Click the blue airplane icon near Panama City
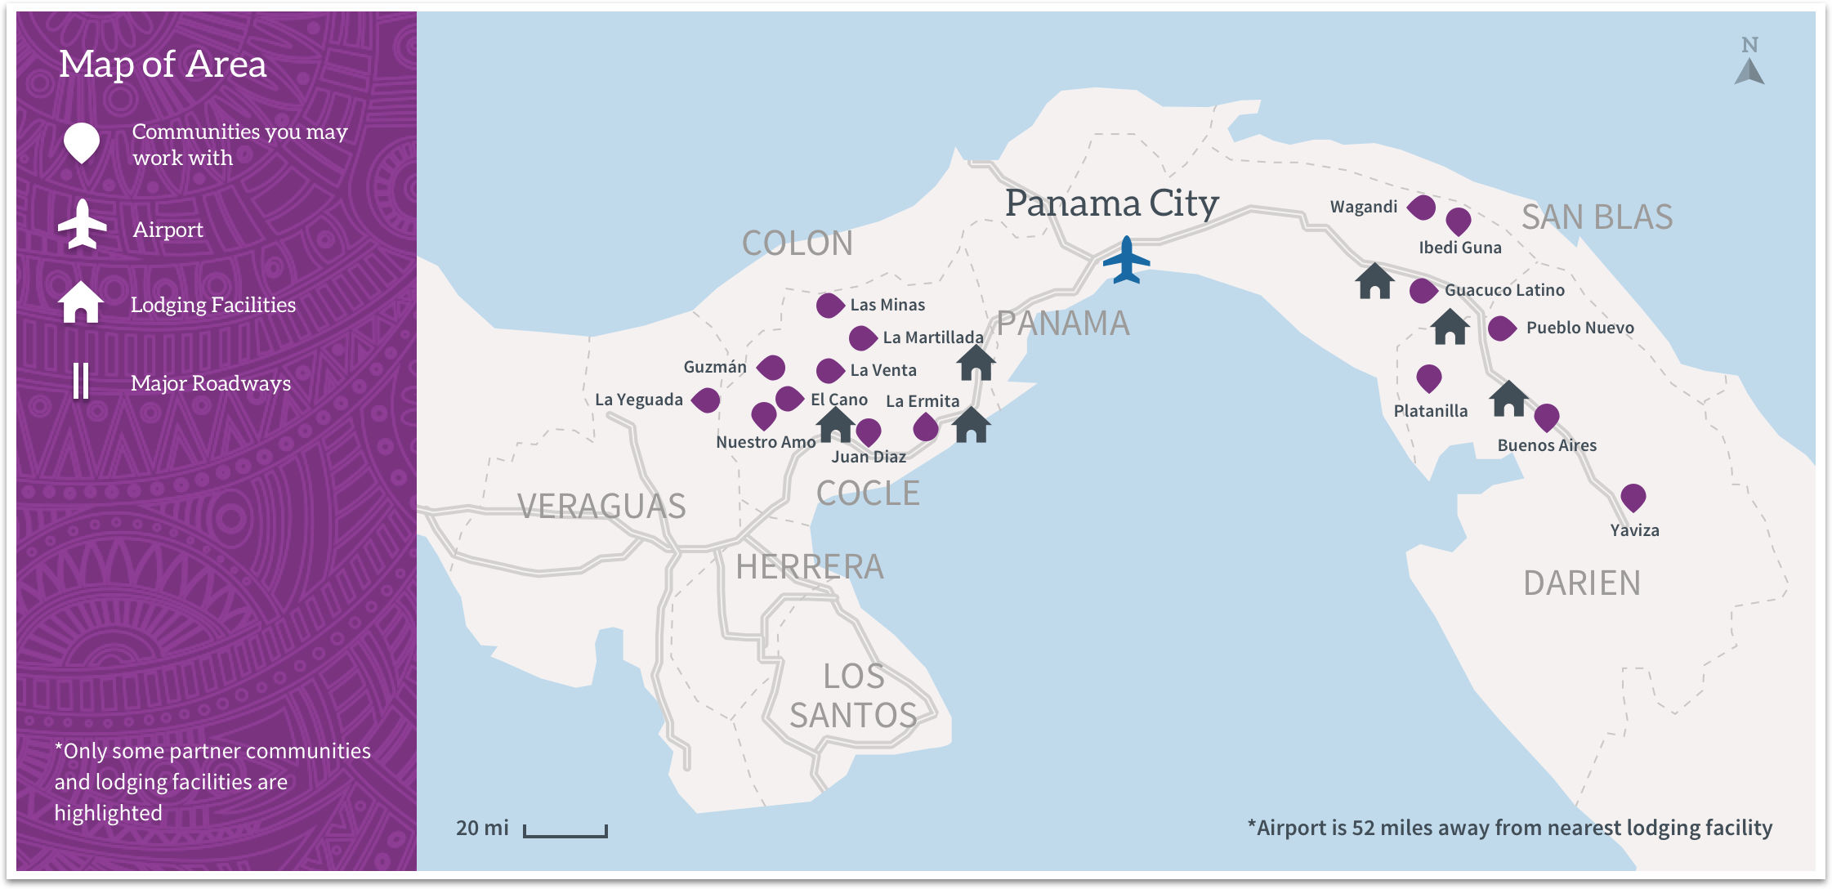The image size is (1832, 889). click(1126, 260)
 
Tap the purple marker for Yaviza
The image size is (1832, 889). click(1633, 497)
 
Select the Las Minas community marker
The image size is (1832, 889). click(829, 306)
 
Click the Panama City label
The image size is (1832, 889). click(1111, 203)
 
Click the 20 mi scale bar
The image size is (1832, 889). click(565, 831)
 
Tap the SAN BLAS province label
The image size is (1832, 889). click(1597, 217)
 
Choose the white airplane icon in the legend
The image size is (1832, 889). click(82, 224)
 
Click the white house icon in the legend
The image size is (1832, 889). click(81, 302)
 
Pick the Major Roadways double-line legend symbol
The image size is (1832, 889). click(81, 381)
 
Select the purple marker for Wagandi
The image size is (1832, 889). click(1422, 208)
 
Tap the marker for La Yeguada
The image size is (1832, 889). click(706, 400)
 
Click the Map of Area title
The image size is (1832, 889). click(163, 65)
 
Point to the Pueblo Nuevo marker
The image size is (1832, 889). click(1502, 328)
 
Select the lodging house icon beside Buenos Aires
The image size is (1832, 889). click(1508, 399)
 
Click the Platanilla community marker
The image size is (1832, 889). click(1428, 377)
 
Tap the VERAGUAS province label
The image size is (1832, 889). click(601, 507)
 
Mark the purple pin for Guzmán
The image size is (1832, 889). click(771, 368)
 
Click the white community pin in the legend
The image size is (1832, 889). click(82, 142)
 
